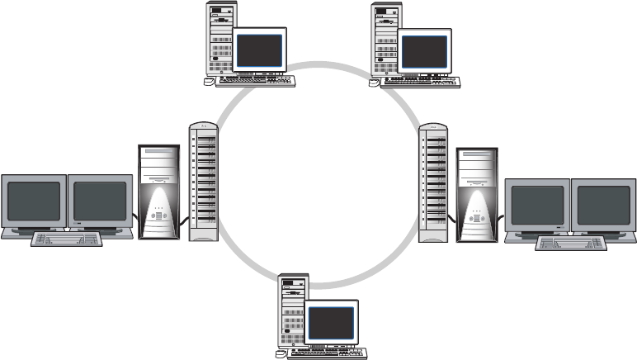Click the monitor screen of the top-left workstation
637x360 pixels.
pyautogui.click(x=259, y=50)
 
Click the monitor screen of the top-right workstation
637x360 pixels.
pyautogui.click(x=424, y=50)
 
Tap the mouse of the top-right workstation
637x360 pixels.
pyautogui.click(x=375, y=83)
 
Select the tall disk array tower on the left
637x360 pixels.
pyautogui.click(x=203, y=182)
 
